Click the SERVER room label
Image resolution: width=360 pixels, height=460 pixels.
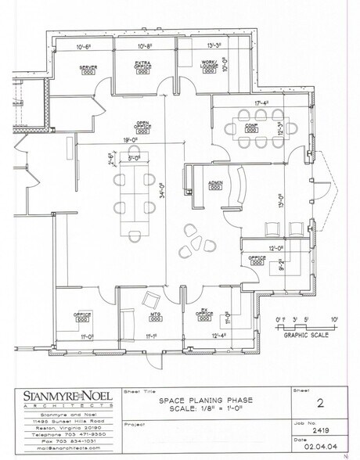[x=88, y=68]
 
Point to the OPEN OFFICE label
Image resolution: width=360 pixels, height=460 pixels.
[x=143, y=126]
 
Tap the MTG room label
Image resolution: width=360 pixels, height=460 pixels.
[x=155, y=315]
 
